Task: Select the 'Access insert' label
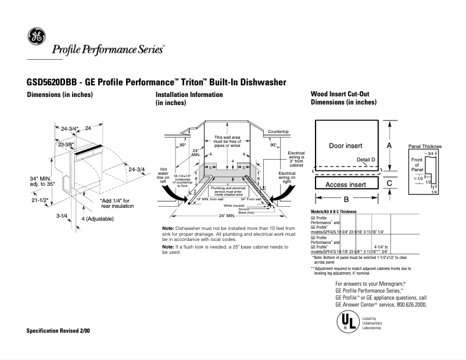(x=345, y=185)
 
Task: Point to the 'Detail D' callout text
(x=365, y=159)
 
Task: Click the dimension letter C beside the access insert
(x=389, y=183)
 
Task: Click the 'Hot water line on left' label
(x=164, y=175)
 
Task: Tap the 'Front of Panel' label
(x=417, y=164)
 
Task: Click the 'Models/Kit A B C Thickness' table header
(x=334, y=211)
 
